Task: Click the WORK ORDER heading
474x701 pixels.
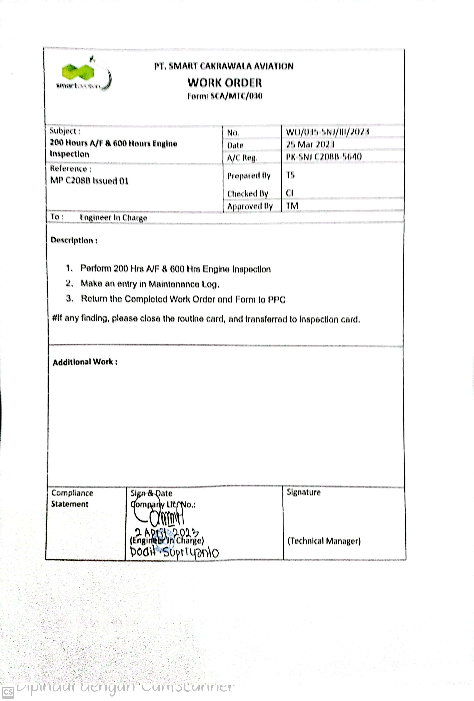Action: [224, 83]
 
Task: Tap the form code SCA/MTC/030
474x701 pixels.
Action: [236, 96]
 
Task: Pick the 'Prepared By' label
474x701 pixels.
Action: [249, 176]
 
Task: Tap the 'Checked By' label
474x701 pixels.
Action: [247, 193]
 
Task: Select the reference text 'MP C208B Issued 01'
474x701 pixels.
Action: [89, 181]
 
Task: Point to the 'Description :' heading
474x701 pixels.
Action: [74, 240]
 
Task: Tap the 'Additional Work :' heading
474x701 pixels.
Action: [85, 362]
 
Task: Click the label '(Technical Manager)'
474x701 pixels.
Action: [324, 541]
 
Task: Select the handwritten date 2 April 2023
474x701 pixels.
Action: [167, 532]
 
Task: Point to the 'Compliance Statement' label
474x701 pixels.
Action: [72, 498]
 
